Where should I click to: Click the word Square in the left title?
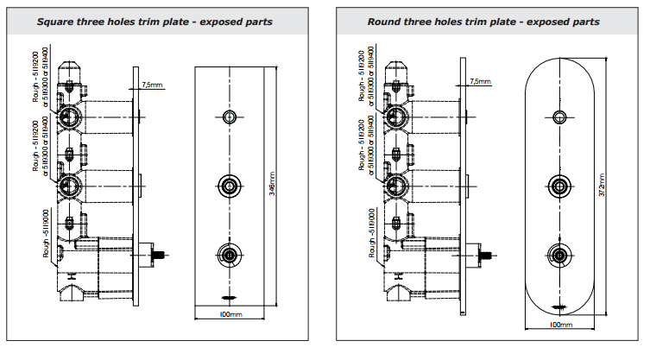pos(55,22)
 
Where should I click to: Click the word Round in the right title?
pos(385,22)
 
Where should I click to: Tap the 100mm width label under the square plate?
pos(230,315)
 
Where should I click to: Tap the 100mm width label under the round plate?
pos(561,325)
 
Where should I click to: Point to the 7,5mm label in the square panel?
pos(151,85)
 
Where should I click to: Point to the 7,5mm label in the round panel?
pos(480,81)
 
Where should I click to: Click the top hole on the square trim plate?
pos(230,117)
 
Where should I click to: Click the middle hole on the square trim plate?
pos(230,185)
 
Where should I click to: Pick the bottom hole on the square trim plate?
pos(230,255)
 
